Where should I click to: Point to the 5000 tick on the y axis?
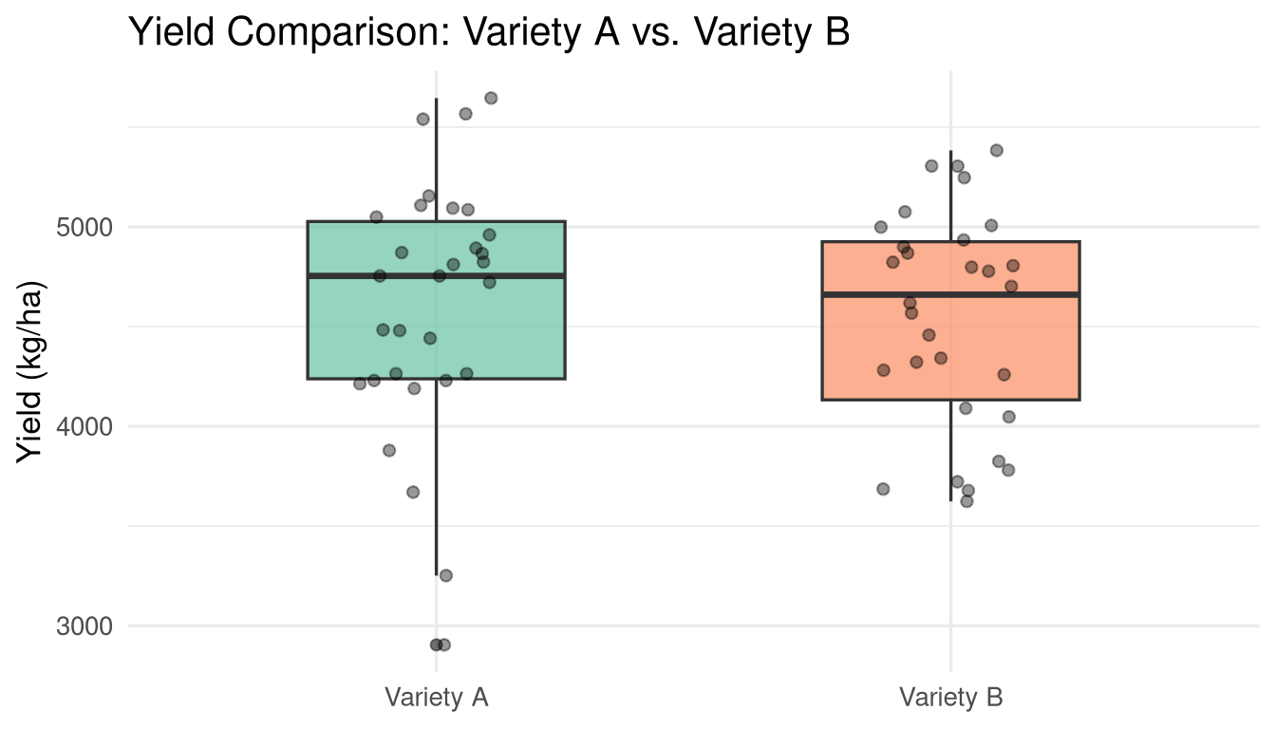click(91, 227)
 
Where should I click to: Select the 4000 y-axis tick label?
click(91, 426)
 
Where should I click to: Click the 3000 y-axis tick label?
click(91, 626)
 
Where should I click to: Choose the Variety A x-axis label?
click(437, 698)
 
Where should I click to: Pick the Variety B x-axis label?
click(950, 698)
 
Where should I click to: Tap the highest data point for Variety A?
click(491, 98)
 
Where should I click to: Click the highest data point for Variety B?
click(996, 150)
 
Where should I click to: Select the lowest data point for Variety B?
click(966, 501)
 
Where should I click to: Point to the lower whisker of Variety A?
click(437, 475)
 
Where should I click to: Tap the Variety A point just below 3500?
click(445, 575)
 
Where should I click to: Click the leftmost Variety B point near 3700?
click(883, 489)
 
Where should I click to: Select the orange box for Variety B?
click(1025, 361)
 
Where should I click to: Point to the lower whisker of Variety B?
click(950, 451)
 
